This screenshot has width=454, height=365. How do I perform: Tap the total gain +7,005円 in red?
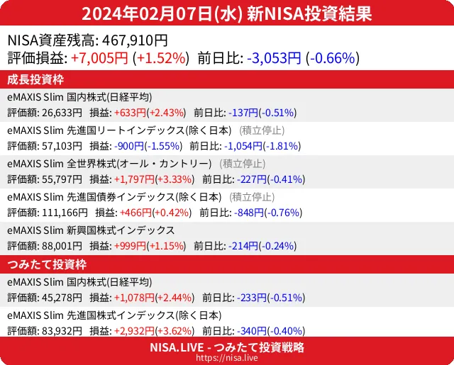coord(99,58)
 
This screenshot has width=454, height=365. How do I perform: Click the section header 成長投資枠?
coord(36,79)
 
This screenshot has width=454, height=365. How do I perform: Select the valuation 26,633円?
coord(62,112)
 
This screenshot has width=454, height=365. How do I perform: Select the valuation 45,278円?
coord(62,298)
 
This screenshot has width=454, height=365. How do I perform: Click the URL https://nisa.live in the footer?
coord(227,358)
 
